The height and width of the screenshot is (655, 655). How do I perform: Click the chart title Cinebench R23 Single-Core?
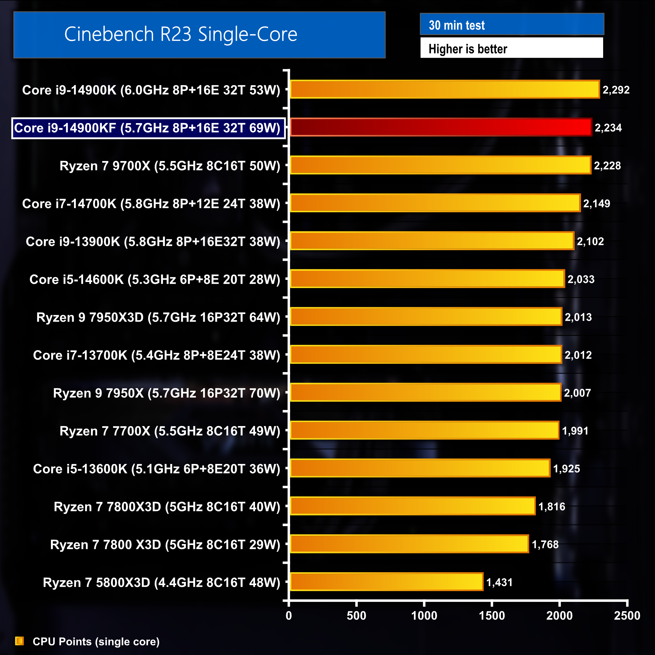click(x=181, y=34)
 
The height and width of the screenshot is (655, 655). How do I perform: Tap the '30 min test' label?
click(x=457, y=25)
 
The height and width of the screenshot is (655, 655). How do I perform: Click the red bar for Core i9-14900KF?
click(x=441, y=127)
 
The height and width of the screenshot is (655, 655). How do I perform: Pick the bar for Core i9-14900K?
click(x=445, y=89)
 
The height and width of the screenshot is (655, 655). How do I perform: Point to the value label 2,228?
click(x=607, y=166)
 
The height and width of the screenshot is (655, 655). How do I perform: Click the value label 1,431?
click(x=499, y=583)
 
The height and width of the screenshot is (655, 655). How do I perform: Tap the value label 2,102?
click(x=590, y=241)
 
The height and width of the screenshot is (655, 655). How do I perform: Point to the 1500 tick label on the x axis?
click(x=492, y=616)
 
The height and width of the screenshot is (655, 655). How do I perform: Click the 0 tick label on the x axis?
click(x=288, y=616)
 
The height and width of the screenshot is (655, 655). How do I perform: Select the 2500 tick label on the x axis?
click(x=627, y=616)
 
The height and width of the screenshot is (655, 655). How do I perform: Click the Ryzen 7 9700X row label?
click(x=170, y=166)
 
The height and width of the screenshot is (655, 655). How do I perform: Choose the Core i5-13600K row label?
click(x=157, y=469)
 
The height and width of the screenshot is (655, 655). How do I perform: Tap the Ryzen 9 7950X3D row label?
click(x=158, y=317)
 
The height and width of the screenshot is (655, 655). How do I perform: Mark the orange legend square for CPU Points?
click(x=20, y=641)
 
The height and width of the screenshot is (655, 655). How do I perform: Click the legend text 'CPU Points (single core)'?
click(x=96, y=641)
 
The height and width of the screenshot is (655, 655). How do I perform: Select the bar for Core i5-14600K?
click(x=427, y=279)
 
